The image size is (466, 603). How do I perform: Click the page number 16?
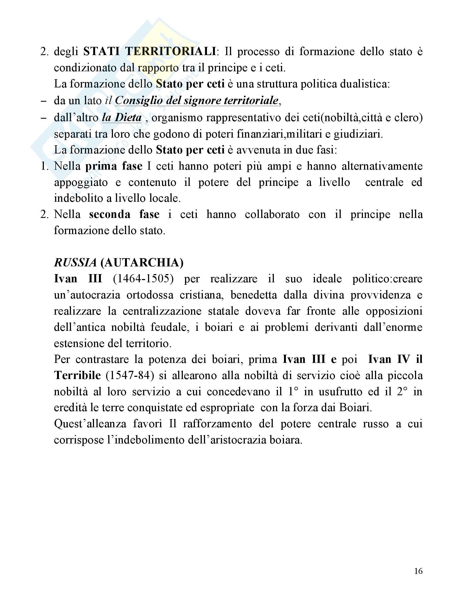[x=418, y=571]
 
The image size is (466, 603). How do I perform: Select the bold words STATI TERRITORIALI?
[x=150, y=52]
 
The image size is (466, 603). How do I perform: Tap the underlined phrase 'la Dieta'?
[x=122, y=118]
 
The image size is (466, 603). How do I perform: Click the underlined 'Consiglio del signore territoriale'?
[x=197, y=101]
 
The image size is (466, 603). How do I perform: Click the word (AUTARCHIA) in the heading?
[x=142, y=263]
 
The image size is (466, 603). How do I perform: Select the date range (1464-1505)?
[x=143, y=278]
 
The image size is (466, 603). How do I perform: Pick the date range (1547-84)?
[x=129, y=376]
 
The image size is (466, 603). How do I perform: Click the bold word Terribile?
[x=78, y=376]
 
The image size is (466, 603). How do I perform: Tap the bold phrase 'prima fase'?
[x=114, y=166]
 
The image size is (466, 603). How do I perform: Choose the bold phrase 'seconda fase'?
[x=124, y=215]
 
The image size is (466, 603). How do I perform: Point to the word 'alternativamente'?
[x=382, y=166]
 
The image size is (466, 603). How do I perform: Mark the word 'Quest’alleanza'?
[x=90, y=424]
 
